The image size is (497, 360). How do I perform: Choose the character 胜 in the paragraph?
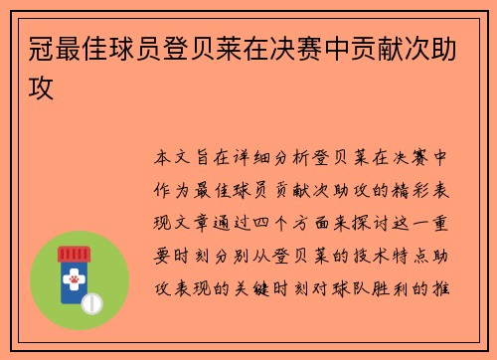coord(392,288)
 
